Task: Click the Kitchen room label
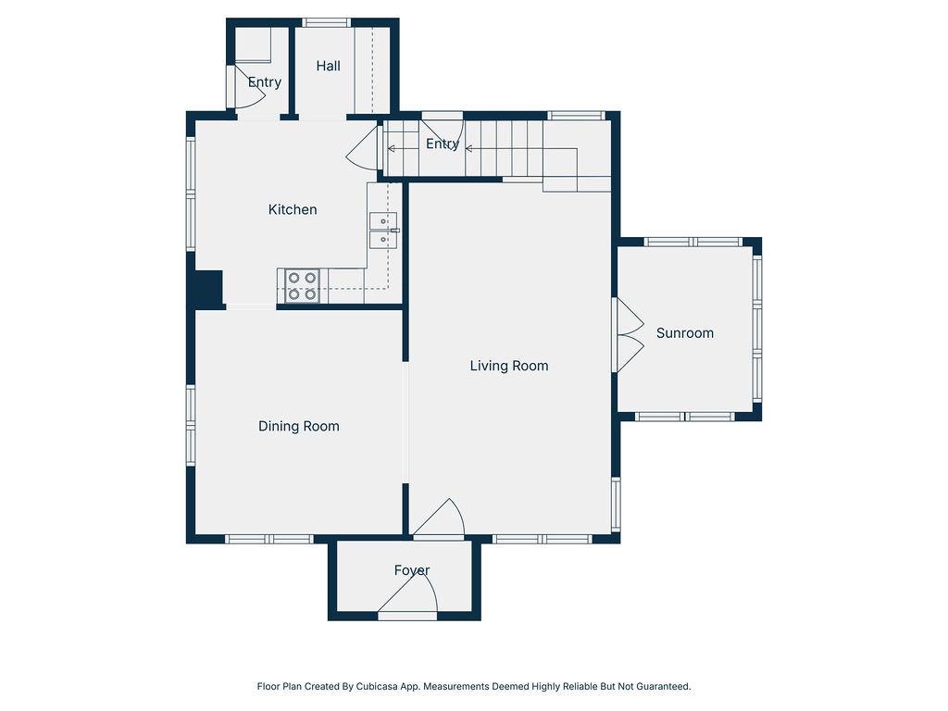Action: coord(293,210)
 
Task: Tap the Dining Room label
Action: coord(299,426)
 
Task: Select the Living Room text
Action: coord(509,366)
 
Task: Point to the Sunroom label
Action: coord(685,333)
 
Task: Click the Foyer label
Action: coord(412,570)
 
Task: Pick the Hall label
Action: coord(329,66)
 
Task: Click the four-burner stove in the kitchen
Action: coord(302,286)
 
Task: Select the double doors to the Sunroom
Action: coord(629,334)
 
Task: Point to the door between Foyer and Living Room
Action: coord(439,518)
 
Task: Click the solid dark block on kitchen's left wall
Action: coord(209,289)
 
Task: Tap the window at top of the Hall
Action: coord(327,23)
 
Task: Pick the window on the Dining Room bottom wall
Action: coord(269,539)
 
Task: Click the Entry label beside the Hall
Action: coord(265,81)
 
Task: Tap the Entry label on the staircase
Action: coord(443,143)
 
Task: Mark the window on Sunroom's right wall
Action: coord(757,329)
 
